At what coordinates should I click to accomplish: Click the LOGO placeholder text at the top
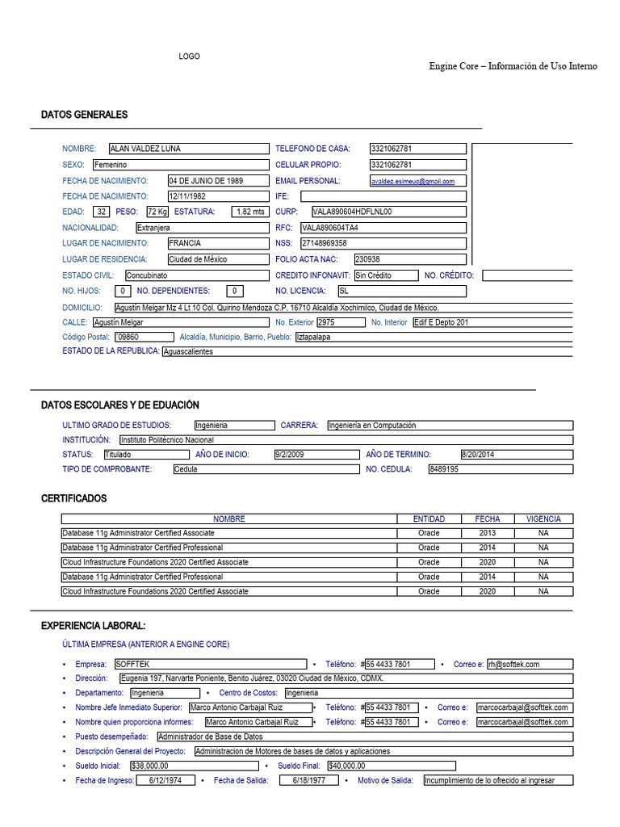[189, 57]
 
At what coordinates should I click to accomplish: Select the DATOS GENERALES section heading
[84, 115]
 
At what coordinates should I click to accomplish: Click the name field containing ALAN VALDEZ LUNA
[145, 149]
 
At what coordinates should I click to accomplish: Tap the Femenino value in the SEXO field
[111, 165]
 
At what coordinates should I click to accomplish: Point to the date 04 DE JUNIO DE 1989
[206, 181]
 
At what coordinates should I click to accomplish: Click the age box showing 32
[100, 212]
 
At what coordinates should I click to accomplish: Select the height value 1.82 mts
[249, 212]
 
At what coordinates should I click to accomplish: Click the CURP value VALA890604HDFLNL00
[352, 212]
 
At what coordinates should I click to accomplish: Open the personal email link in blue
[413, 182]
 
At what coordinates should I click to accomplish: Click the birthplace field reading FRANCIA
[186, 243]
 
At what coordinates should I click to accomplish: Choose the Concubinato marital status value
[147, 275]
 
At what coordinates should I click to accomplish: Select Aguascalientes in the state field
[188, 352]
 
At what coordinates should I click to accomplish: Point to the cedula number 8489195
[444, 469]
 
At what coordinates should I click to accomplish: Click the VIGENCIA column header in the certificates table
[543, 518]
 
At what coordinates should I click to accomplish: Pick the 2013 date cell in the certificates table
[488, 533]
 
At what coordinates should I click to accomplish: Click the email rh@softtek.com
[514, 664]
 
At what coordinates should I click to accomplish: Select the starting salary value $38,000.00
[149, 766]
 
